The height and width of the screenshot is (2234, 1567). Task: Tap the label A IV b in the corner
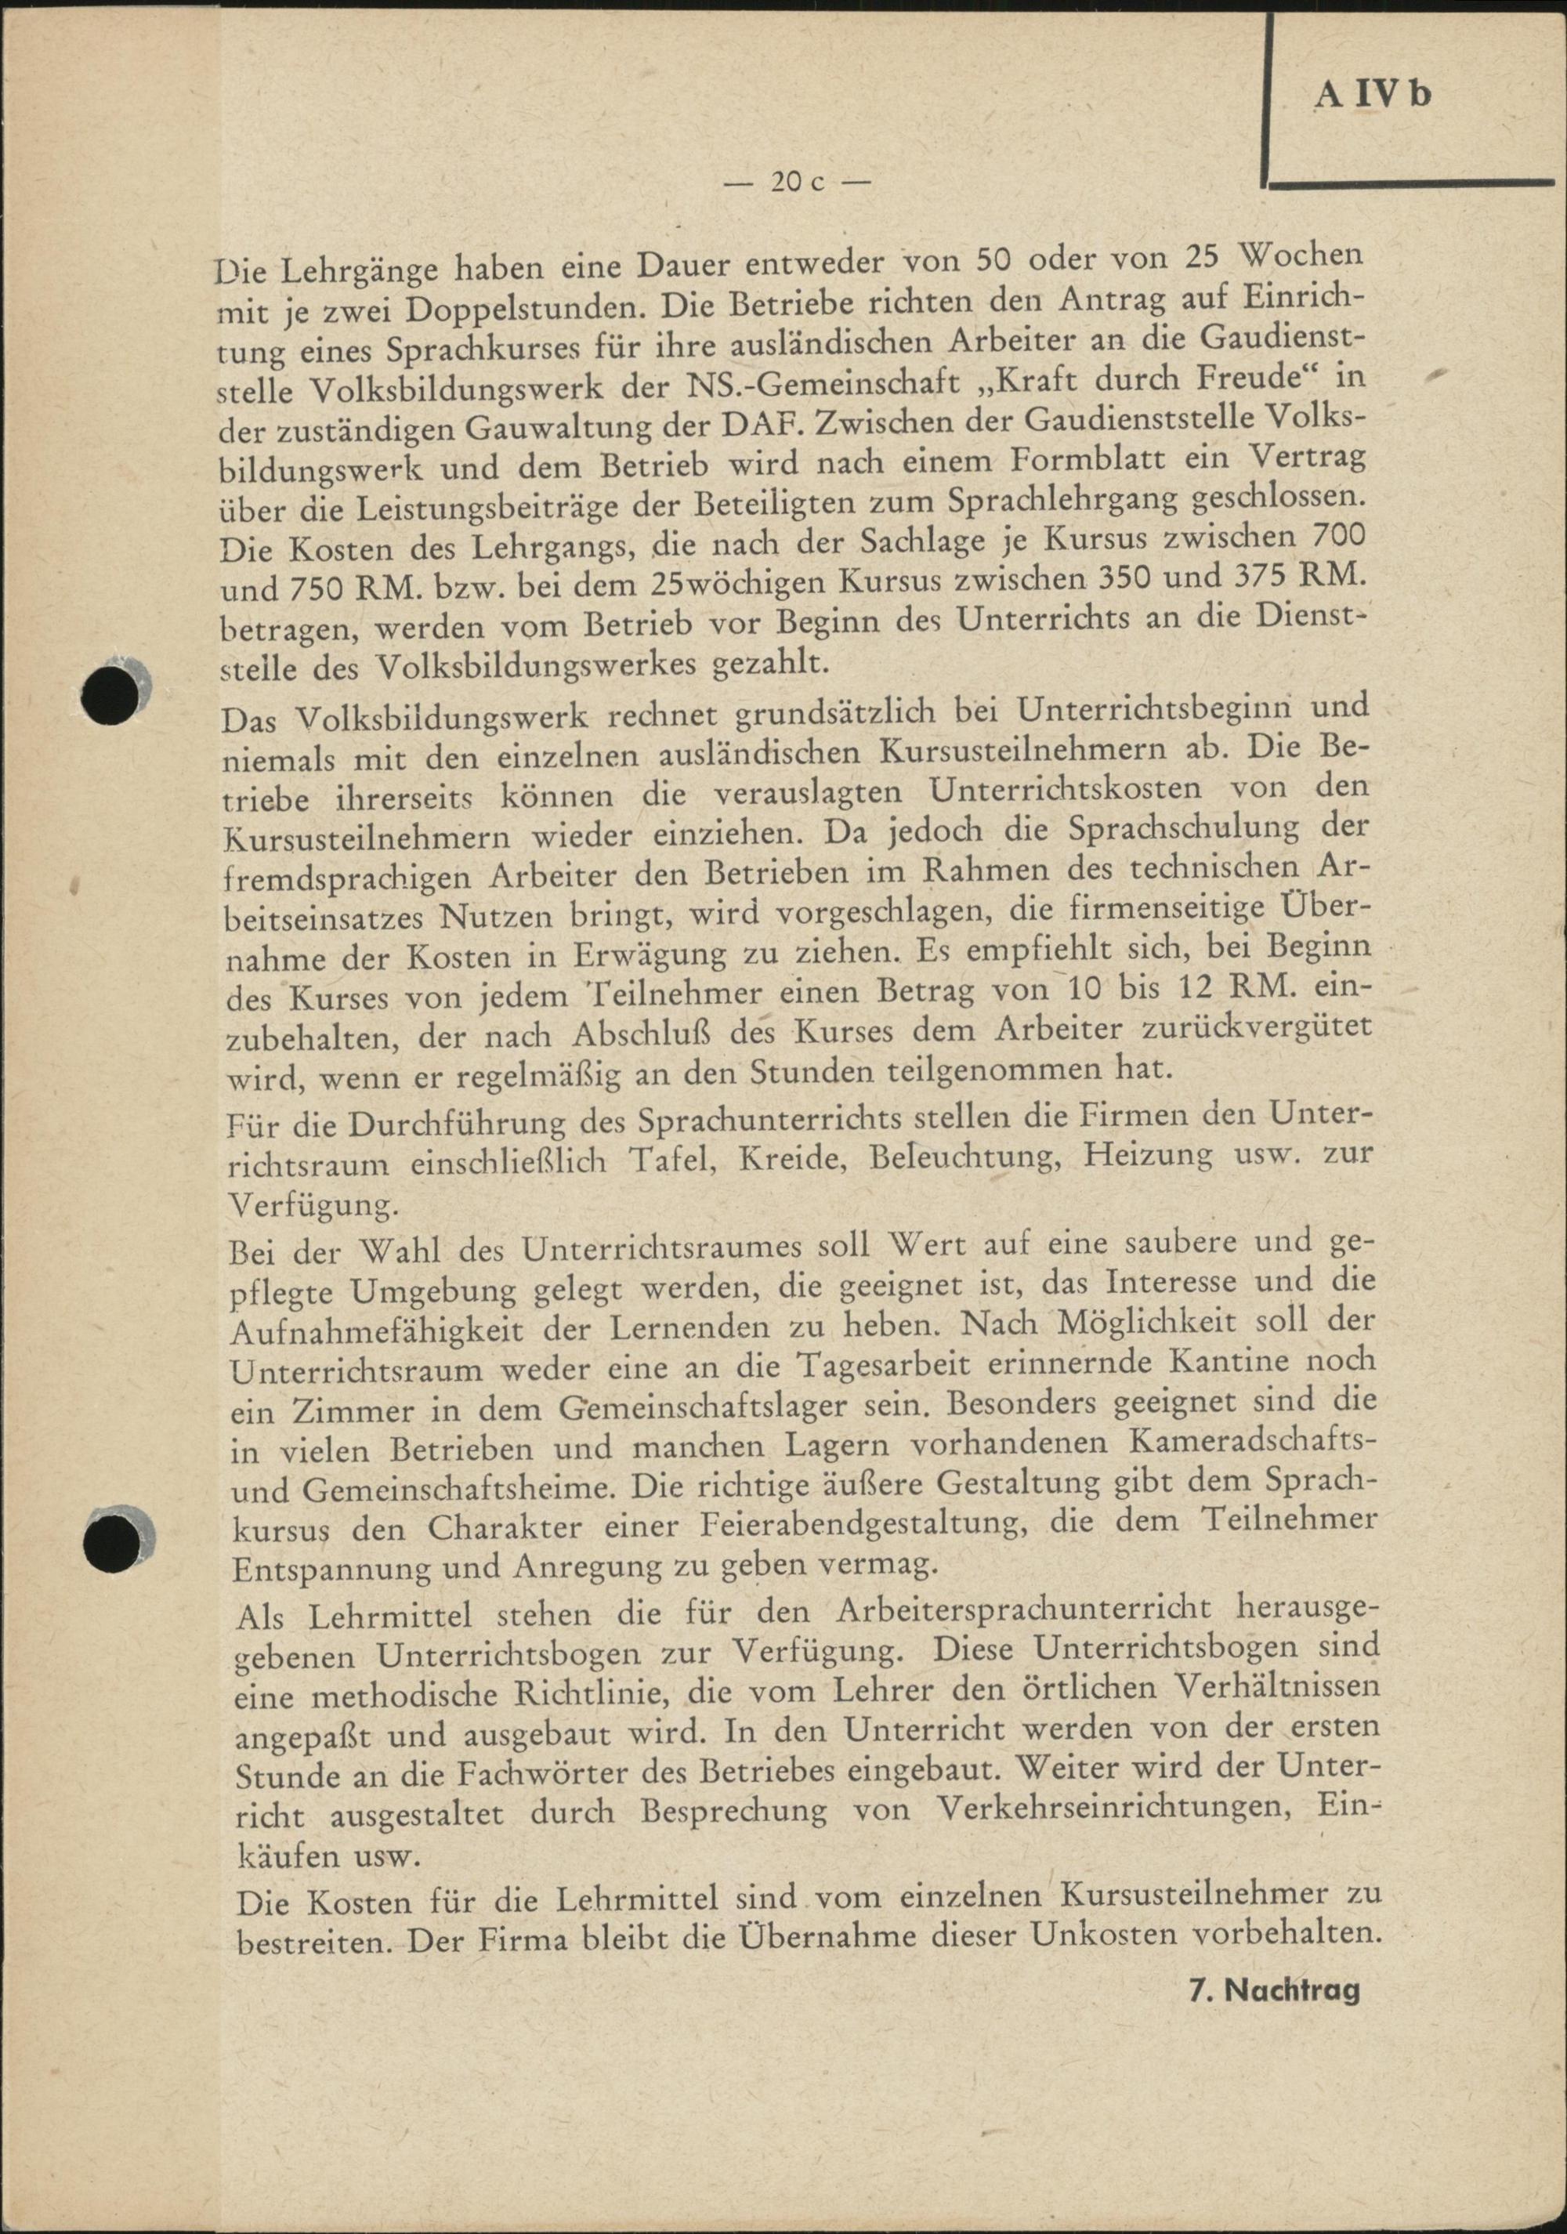pyautogui.click(x=1373, y=96)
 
